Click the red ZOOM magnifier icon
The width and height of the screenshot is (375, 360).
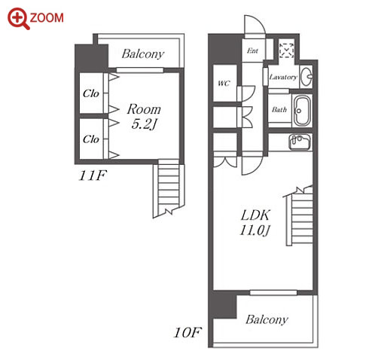point(18,19)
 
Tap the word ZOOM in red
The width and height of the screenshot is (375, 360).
point(47,18)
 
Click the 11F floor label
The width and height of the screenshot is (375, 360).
point(93,175)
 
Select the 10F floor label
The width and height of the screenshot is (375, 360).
point(187,333)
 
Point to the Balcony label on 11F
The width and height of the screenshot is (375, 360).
point(143,54)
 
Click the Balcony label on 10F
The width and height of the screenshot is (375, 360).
point(267,319)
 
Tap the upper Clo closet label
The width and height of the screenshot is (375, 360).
point(91,93)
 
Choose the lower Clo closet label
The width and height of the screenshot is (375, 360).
point(91,139)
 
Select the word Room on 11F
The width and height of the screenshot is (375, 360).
point(144,109)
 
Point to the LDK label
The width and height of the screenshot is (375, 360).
point(255,215)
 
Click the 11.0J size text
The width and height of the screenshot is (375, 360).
point(255,230)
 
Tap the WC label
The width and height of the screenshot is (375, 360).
point(224,83)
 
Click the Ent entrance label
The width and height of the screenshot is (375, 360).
point(252,50)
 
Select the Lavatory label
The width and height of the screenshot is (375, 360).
point(283,77)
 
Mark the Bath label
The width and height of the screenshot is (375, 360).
point(279,110)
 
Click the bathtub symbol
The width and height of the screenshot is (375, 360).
point(303,111)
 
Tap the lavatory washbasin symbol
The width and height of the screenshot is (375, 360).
point(306,76)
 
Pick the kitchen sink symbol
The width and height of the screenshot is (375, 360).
point(300,142)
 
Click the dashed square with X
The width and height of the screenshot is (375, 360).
point(286,50)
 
